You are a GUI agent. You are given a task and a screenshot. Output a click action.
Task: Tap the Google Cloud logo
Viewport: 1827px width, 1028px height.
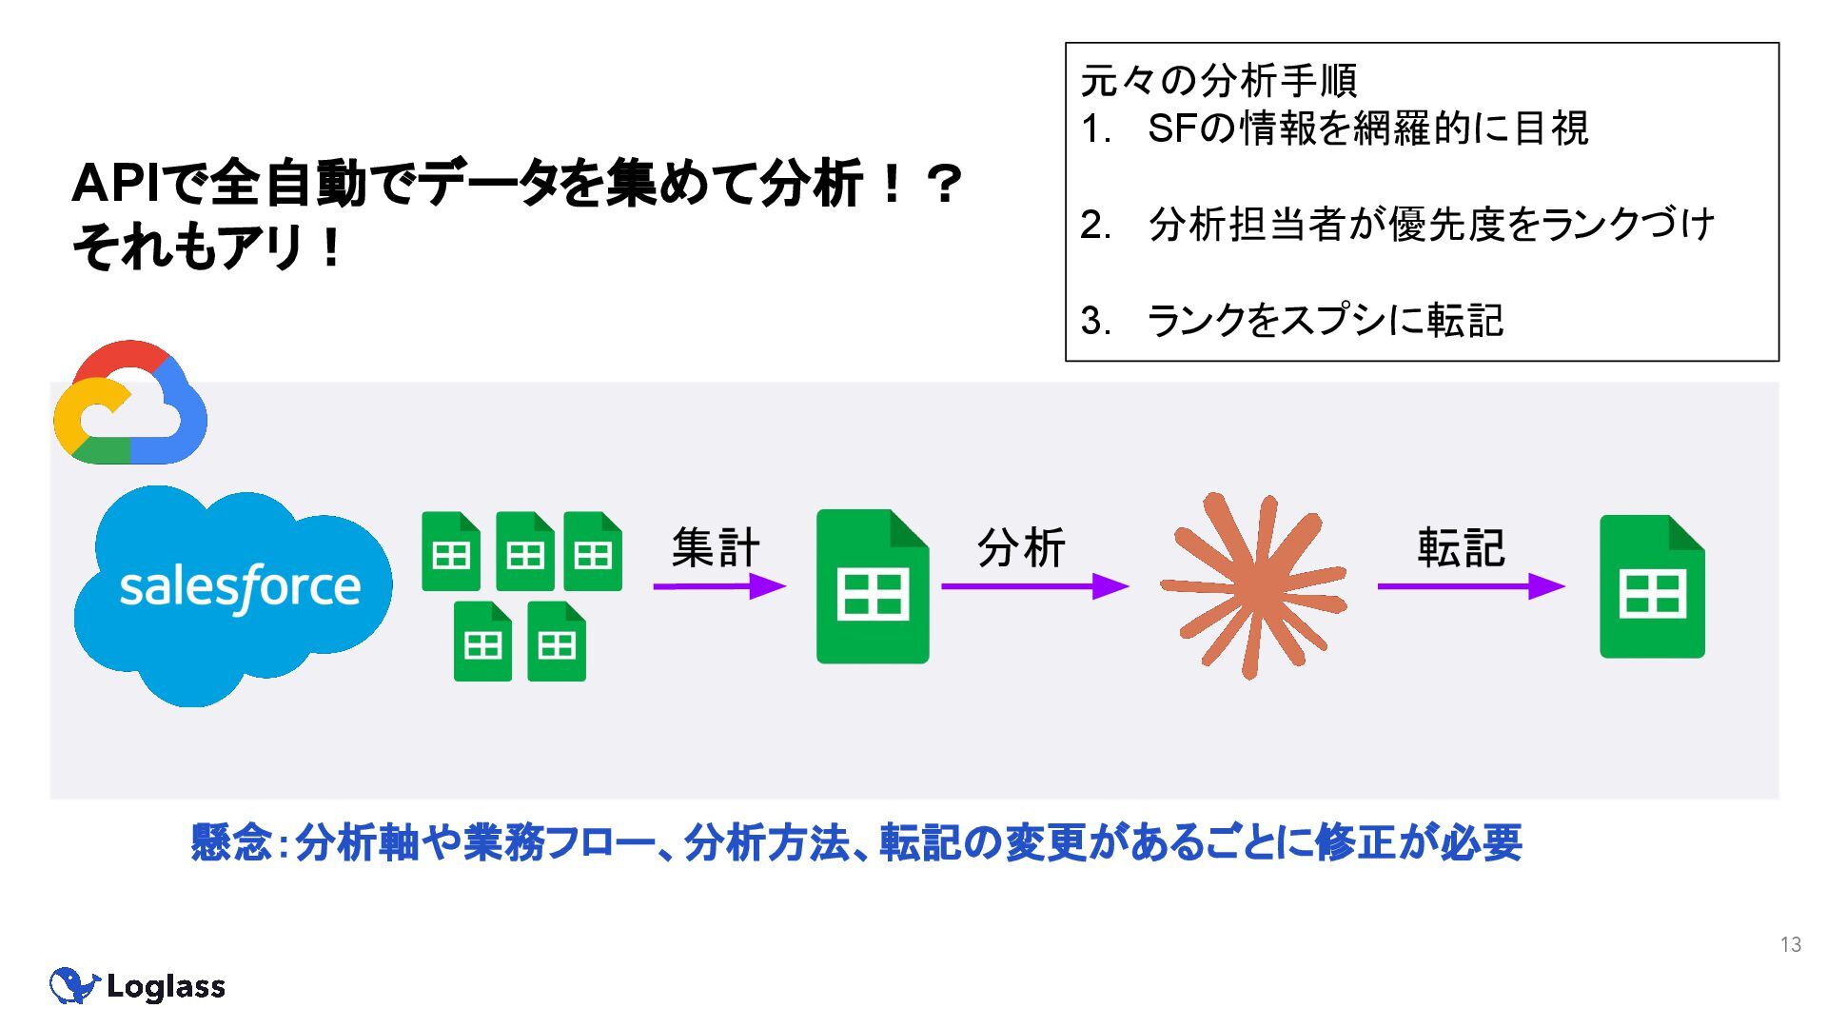[x=130, y=404]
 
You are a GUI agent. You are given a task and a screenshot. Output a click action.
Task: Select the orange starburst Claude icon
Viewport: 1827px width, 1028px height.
[x=1252, y=584]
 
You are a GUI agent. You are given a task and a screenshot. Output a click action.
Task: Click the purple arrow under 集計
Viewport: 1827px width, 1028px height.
[x=718, y=586]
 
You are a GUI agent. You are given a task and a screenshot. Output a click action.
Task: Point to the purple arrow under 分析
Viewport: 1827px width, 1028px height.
[x=1033, y=586]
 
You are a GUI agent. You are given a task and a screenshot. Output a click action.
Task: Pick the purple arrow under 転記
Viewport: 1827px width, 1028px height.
[x=1470, y=586]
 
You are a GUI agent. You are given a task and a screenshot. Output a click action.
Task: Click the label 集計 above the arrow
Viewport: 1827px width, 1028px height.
[x=716, y=547]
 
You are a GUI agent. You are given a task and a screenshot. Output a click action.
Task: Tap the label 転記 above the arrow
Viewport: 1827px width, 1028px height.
[x=1461, y=547]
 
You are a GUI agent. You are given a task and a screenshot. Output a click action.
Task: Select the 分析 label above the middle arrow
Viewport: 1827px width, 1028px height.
[x=1020, y=547]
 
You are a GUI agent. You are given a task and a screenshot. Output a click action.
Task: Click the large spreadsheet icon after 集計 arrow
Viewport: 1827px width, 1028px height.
[x=873, y=586]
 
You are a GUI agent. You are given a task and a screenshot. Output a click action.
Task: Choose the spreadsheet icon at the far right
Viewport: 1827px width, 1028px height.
[x=1652, y=586]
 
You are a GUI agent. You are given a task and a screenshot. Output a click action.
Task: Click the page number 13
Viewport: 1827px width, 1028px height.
[x=1790, y=944]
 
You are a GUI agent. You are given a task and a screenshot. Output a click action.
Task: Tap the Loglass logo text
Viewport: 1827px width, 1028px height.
[x=166, y=987]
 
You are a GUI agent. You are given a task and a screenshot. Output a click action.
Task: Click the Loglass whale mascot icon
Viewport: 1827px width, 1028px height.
[x=72, y=986]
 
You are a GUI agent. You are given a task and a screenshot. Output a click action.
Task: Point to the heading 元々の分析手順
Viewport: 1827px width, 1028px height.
[x=1219, y=81]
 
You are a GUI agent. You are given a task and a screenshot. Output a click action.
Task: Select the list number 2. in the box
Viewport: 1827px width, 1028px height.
[x=1095, y=225]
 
